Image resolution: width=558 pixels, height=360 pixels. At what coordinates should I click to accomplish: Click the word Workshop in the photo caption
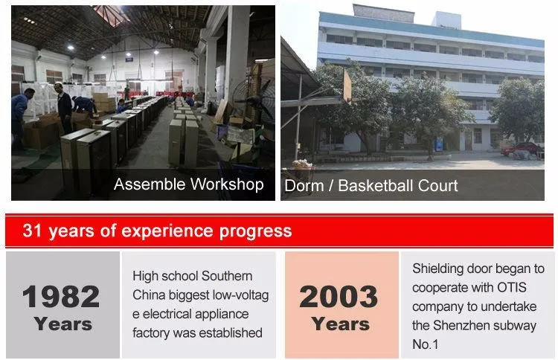(x=227, y=184)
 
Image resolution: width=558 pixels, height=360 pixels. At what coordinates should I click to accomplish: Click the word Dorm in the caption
(x=304, y=186)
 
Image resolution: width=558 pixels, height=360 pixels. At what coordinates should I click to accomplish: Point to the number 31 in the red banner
(x=33, y=231)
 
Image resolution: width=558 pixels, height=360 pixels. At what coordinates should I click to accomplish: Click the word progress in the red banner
(x=255, y=231)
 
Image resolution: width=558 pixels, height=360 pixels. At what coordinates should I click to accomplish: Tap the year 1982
(x=61, y=297)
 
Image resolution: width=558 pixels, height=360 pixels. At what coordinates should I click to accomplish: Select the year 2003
(x=339, y=297)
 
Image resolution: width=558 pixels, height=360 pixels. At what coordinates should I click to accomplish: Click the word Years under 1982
(x=63, y=324)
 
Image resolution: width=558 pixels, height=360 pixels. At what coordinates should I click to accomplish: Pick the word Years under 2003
(x=341, y=324)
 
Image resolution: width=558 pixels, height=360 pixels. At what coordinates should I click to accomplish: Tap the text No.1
(x=425, y=344)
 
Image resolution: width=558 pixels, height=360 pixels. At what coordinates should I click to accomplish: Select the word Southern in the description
(x=227, y=276)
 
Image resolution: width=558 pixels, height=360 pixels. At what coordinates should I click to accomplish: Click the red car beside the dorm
(x=521, y=149)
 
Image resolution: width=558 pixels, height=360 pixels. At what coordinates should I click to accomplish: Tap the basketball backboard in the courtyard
(x=347, y=86)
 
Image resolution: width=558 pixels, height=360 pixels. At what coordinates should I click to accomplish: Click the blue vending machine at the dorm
(x=439, y=144)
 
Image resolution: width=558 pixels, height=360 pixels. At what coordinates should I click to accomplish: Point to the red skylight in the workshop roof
(x=111, y=15)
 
